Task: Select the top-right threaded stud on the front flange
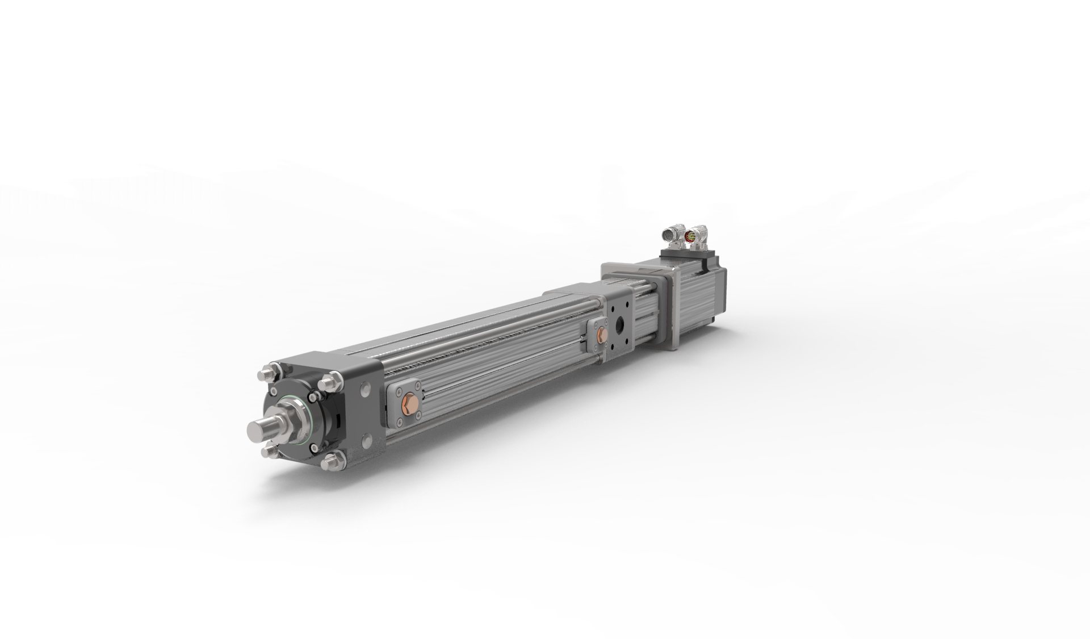coord(327,382)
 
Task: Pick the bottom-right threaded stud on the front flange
coord(330,462)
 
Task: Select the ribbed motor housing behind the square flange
coord(698,300)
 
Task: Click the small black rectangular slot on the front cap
coord(338,421)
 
